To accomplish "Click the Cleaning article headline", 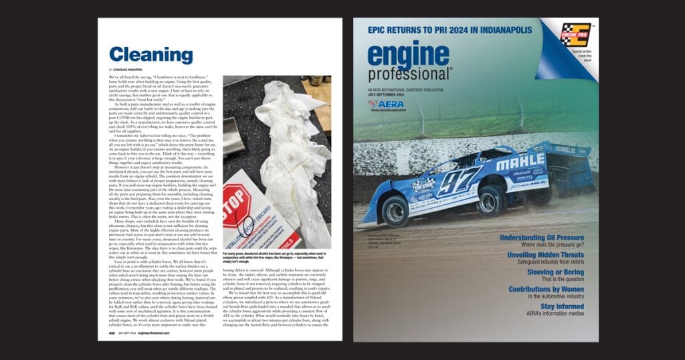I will [151, 55].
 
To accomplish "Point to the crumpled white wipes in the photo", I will [281, 134].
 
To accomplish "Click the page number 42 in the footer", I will [112, 333].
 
